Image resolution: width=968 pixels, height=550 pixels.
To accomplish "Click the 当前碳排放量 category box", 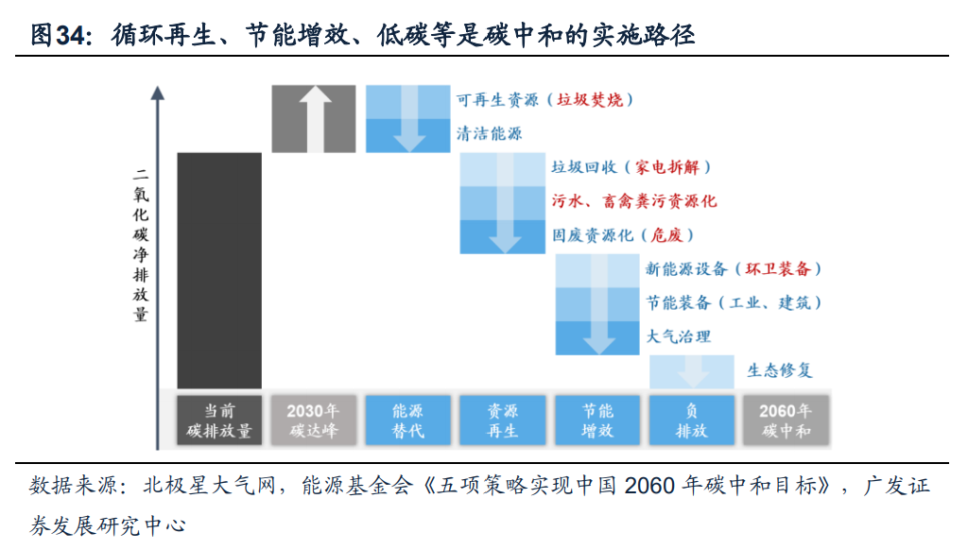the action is pos(219,421).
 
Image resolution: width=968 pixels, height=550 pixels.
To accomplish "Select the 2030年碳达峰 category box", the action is pos(314,421).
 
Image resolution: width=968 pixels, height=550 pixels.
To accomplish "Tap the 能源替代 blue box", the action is pos(408,421).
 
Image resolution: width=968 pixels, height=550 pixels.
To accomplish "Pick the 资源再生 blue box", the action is pos(503,421).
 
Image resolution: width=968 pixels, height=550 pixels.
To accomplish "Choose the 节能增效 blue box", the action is pos(597,421).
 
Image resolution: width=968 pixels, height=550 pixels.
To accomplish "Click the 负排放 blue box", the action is pos(692,421).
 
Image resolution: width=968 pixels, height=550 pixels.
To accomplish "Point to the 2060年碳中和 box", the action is pos(786,421).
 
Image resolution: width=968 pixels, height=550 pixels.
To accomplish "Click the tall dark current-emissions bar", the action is pos(219,270).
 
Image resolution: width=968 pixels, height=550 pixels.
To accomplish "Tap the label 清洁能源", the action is pos(489,134).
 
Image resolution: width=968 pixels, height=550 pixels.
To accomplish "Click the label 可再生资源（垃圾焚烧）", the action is pos(544,99).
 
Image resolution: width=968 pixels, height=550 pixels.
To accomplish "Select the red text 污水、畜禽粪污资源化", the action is pos(633,201).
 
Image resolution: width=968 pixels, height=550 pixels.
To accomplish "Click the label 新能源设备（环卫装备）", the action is pos(734,268).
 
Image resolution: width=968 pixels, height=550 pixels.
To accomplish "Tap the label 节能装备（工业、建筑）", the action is pos(734,302).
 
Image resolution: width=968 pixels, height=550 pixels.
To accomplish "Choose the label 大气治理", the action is pos(678,335).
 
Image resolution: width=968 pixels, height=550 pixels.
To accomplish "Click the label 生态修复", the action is pos(780,370).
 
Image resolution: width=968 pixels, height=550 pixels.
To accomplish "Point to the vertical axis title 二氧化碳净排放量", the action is pos(141,246).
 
